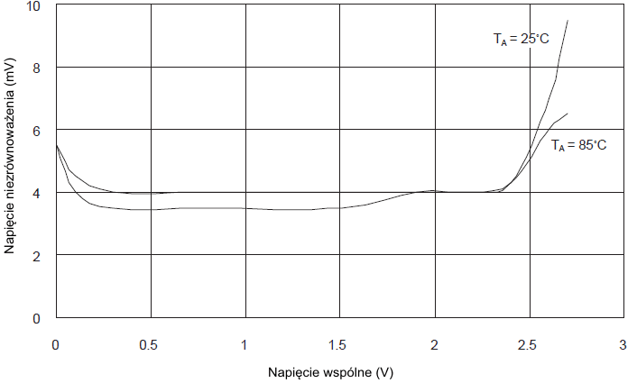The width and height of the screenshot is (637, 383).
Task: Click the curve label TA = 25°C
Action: pyautogui.click(x=521, y=39)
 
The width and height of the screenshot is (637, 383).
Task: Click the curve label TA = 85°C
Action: pyautogui.click(x=578, y=144)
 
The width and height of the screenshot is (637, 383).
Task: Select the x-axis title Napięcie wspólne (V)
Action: pyautogui.click(x=330, y=371)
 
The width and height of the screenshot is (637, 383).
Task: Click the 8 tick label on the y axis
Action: pyautogui.click(x=37, y=68)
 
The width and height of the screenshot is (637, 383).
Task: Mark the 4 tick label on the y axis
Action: pyautogui.click(x=37, y=193)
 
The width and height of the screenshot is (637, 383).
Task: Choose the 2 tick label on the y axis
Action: pyautogui.click(x=37, y=255)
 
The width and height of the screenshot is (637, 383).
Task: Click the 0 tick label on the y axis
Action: pyautogui.click(x=37, y=318)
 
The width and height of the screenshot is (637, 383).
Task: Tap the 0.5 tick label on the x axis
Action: pyautogui.click(x=150, y=345)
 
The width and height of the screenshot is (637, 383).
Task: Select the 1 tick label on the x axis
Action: pyautogui.click(x=245, y=345)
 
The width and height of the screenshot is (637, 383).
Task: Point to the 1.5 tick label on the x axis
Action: pyautogui.click(x=339, y=345)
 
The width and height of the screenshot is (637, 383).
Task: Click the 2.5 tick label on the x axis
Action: pyautogui.click(x=529, y=345)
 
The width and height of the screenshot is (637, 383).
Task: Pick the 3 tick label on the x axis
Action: pyautogui.click(x=623, y=345)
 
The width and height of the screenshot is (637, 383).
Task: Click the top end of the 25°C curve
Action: pyautogui.click(x=568, y=21)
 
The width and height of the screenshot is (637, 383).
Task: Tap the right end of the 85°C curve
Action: pyautogui.click(x=568, y=114)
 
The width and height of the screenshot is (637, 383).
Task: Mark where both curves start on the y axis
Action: pyautogui.click(x=56, y=145)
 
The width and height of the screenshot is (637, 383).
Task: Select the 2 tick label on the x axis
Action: pyautogui.click(x=434, y=345)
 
